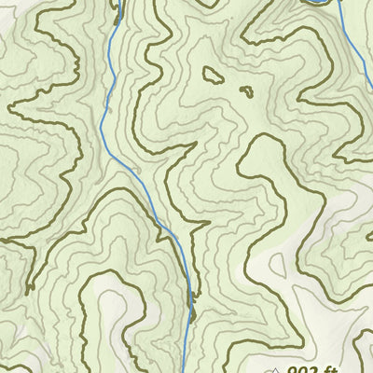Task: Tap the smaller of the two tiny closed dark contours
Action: click(x=246, y=91)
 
